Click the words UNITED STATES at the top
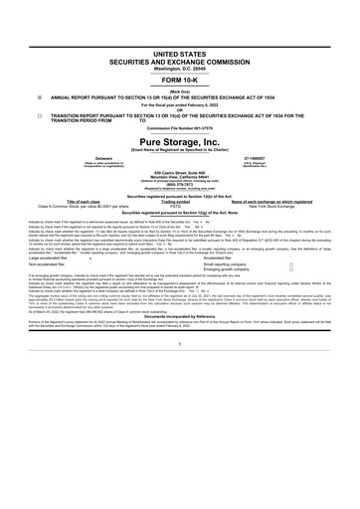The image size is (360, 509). (x=179, y=48)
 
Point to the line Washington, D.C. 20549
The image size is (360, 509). (x=179, y=67)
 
